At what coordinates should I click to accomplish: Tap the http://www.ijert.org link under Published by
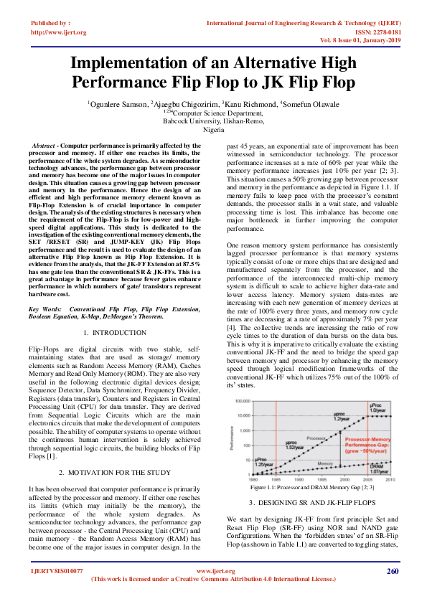coord(59,32)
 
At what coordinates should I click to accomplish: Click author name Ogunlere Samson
coord(118,104)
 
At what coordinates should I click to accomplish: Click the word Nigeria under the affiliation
coord(213,130)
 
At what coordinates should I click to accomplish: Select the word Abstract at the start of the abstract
coord(44,146)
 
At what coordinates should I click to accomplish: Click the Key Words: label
coord(47,309)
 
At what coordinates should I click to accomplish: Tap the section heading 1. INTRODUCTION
coord(115,333)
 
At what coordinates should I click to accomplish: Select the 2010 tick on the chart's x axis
coord(389,479)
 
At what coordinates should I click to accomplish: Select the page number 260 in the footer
coord(391,590)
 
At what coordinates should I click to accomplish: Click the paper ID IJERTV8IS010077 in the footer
coord(57,590)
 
